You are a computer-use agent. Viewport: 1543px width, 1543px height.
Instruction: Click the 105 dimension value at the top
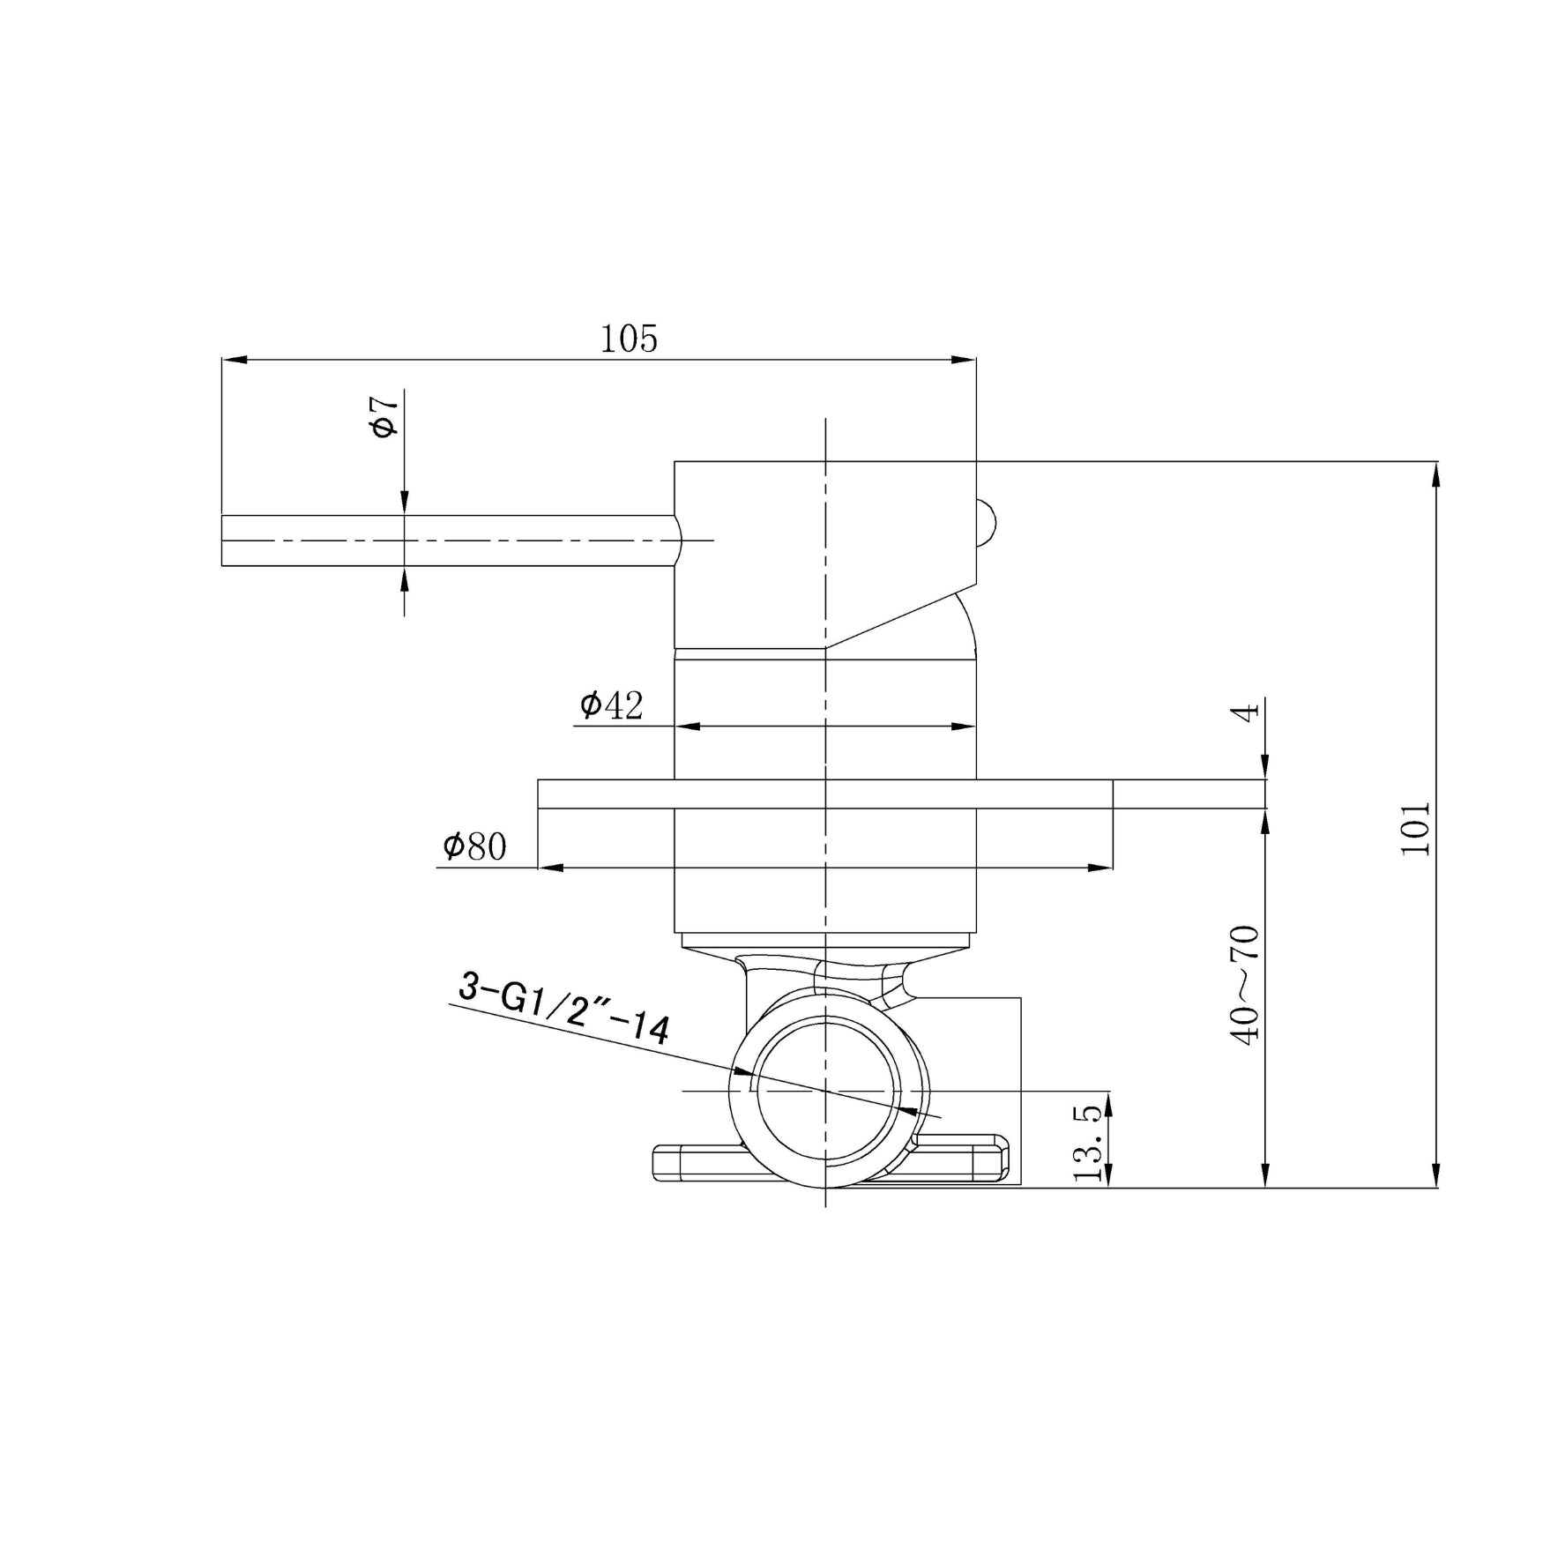[x=629, y=339]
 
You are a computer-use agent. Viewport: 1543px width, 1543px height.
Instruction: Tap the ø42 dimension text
[x=612, y=704]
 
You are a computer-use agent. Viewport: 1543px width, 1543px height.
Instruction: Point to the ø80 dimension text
[x=475, y=846]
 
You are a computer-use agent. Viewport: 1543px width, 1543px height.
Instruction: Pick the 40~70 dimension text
[x=1246, y=985]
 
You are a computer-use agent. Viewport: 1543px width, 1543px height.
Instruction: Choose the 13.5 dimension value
[x=1089, y=1143]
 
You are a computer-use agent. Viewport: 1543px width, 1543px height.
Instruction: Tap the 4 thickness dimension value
[x=1246, y=711]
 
